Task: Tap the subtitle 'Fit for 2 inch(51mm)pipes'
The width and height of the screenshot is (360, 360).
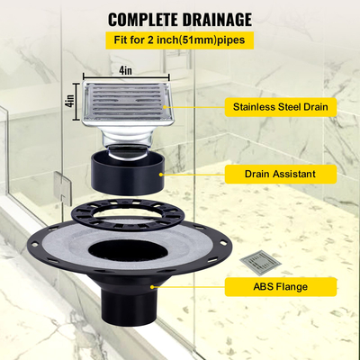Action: (x=179, y=41)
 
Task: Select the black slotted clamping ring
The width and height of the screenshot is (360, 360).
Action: (x=127, y=215)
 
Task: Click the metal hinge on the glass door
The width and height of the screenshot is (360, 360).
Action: (x=62, y=185)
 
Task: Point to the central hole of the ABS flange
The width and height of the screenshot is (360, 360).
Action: (x=127, y=252)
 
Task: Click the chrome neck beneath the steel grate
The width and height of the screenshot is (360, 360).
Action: (x=128, y=137)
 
